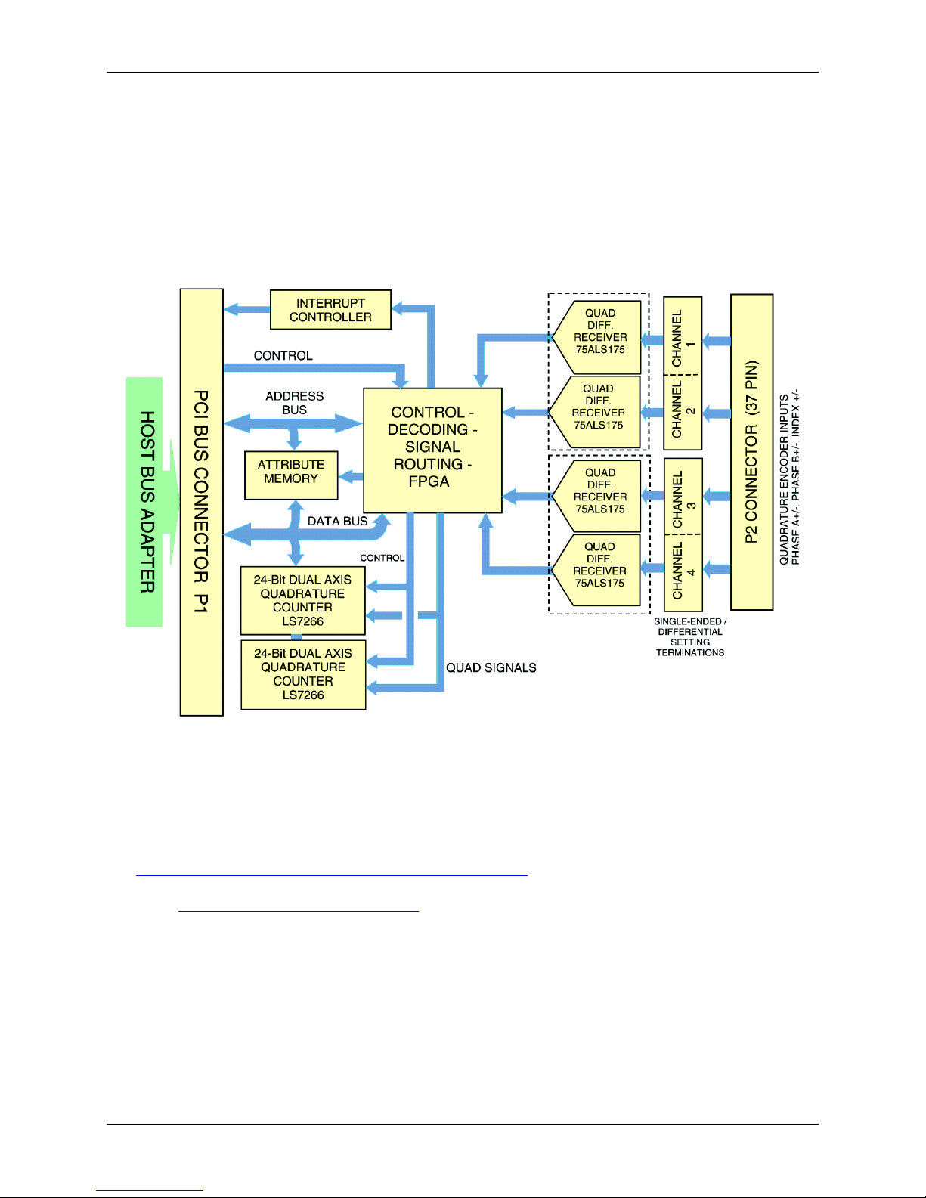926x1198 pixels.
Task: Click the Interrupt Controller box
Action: (x=330, y=310)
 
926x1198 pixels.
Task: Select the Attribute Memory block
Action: (x=291, y=475)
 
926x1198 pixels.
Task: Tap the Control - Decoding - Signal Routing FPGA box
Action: (x=432, y=450)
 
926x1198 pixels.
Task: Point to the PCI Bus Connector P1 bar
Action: (x=201, y=502)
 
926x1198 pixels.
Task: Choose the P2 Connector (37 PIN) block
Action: (x=752, y=452)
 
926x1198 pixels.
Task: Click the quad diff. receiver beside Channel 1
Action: (x=596, y=337)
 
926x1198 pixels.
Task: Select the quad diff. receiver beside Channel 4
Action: (x=596, y=570)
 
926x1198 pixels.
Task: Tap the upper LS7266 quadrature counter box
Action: (x=302, y=600)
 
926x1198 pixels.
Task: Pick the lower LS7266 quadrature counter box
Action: (x=303, y=674)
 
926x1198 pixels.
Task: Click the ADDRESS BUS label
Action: (x=294, y=403)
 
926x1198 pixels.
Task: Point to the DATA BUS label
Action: (x=337, y=521)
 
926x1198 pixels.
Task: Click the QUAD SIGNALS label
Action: (x=491, y=667)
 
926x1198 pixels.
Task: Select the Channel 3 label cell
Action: (x=683, y=497)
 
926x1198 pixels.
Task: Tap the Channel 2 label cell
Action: (x=683, y=413)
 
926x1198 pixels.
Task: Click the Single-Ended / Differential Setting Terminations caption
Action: (x=690, y=636)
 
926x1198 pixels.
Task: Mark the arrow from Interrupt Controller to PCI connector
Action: (x=247, y=309)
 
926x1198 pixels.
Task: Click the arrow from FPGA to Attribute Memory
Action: (x=351, y=476)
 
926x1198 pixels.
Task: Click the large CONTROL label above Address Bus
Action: (x=283, y=355)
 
